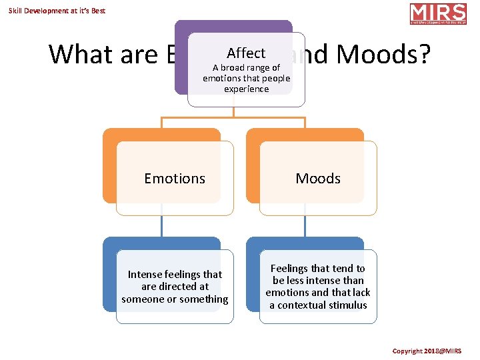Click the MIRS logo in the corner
pyautogui.click(x=438, y=14)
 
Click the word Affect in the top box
pyautogui.click(x=246, y=53)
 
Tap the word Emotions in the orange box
pyautogui.click(x=175, y=178)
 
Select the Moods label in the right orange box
pyautogui.click(x=318, y=178)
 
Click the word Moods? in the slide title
pyautogui.click(x=384, y=54)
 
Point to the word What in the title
pyautogui.click(x=83, y=54)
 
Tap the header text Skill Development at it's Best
pyautogui.click(x=57, y=11)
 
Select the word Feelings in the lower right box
pyautogui.click(x=293, y=268)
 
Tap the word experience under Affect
pyautogui.click(x=246, y=89)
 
